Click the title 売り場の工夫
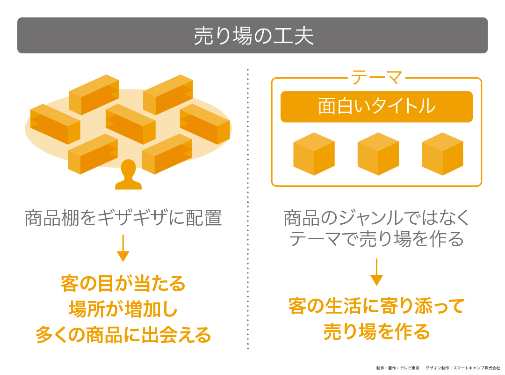pos(252,36)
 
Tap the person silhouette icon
pos(128,176)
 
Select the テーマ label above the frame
pos(376,78)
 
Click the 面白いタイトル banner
pos(376,107)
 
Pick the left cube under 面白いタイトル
pos(314,154)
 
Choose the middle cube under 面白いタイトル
pos(378,154)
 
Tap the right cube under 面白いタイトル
pos(442,154)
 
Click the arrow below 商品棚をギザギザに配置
pos(123,248)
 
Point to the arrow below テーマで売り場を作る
pos(376,272)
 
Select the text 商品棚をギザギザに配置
pos(123,219)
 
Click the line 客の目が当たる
pos(123,284)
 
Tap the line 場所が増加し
pos(123,309)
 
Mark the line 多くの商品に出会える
pos(123,335)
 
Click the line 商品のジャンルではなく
pos(376,218)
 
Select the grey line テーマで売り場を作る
pos(376,240)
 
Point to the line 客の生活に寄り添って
pos(376,307)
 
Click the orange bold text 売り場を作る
pos(376,332)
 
